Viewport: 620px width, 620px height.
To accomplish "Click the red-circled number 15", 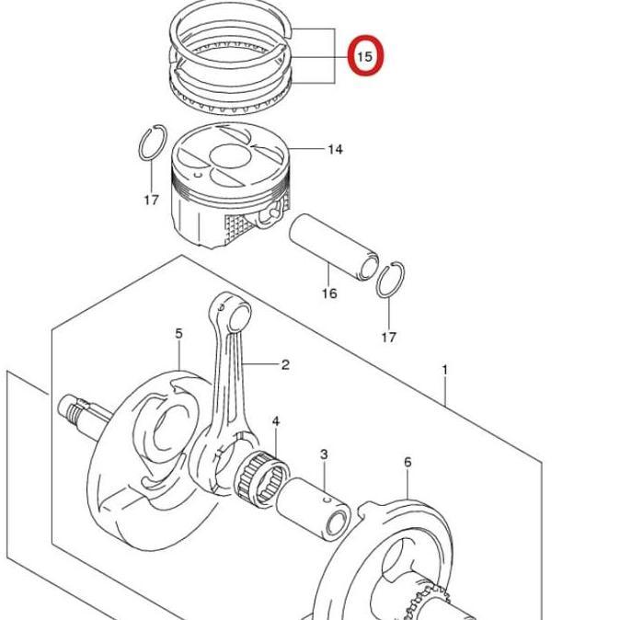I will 364,56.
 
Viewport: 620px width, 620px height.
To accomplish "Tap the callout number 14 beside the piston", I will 335,148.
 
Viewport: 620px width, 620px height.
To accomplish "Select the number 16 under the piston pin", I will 328,293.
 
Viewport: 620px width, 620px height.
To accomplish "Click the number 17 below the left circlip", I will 152,200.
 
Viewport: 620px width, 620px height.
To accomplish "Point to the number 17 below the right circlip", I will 388,337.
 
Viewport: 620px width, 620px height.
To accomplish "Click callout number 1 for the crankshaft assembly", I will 444,370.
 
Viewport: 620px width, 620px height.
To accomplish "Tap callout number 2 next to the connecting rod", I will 285,364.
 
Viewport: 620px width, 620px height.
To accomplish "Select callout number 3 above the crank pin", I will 324,454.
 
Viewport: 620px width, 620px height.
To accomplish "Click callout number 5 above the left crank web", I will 179,333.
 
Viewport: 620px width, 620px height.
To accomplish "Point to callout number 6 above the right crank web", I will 408,462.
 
